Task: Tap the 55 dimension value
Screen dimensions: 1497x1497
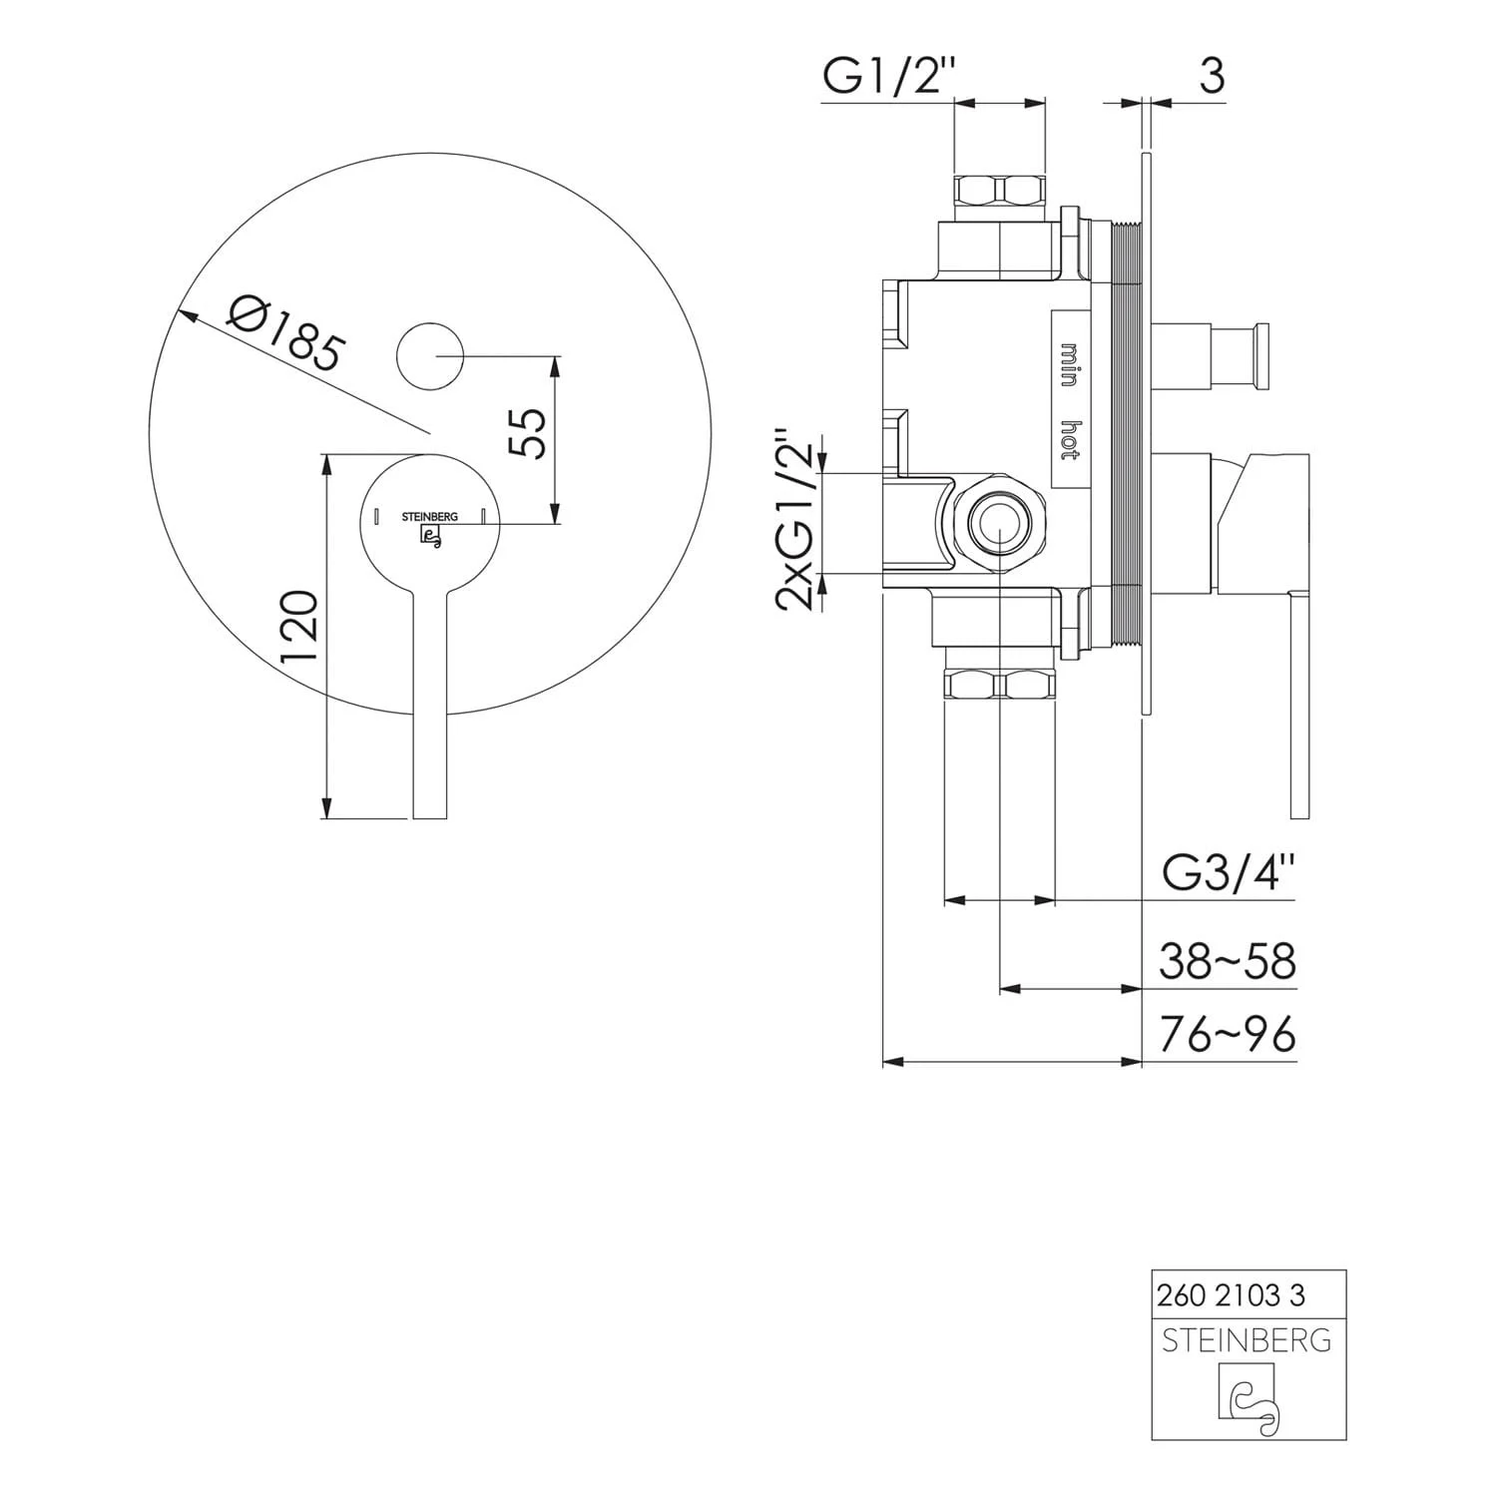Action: pyautogui.click(x=530, y=432)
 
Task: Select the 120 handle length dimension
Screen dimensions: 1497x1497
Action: pyautogui.click(x=299, y=626)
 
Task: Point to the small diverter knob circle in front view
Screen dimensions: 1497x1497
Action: pyautogui.click(x=431, y=356)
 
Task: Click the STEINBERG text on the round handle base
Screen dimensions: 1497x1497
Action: pyautogui.click(x=430, y=517)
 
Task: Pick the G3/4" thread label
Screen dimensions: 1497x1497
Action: pyautogui.click(x=1229, y=874)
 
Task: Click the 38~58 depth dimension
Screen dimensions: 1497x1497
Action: pyautogui.click(x=1228, y=962)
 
